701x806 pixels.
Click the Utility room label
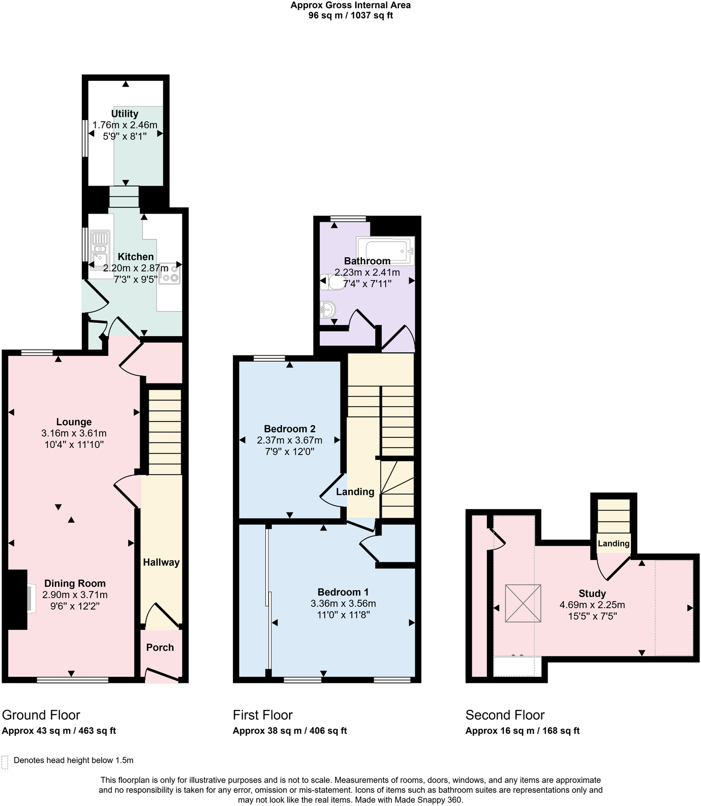click(x=125, y=113)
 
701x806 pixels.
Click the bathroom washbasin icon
click(x=328, y=310)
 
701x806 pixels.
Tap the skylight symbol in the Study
click(x=523, y=603)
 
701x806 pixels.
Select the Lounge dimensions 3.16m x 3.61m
click(x=74, y=433)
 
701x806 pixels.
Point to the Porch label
click(x=160, y=647)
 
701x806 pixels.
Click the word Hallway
click(x=161, y=562)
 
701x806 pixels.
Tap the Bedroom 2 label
click(x=289, y=429)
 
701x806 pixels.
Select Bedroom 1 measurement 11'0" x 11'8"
click(x=343, y=614)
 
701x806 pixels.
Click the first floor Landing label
click(x=355, y=492)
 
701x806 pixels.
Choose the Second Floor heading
click(x=505, y=715)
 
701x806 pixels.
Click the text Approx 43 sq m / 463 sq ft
click(x=59, y=731)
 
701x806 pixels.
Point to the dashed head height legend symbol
click(x=5, y=762)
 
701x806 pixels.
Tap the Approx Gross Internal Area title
click(x=350, y=6)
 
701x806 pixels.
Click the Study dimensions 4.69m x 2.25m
click(x=592, y=605)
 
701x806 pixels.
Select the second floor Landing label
click(x=614, y=544)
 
